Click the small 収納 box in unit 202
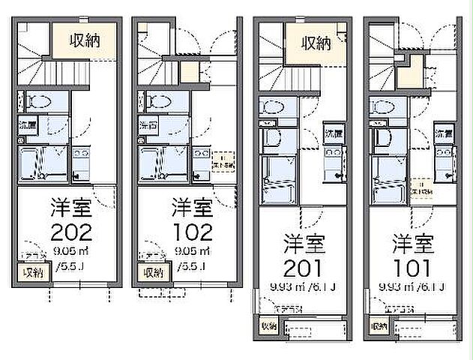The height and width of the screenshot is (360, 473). [31, 272]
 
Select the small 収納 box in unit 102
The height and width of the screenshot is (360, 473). [153, 272]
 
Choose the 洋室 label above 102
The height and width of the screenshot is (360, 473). [191, 205]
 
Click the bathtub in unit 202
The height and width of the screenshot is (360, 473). [32, 163]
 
